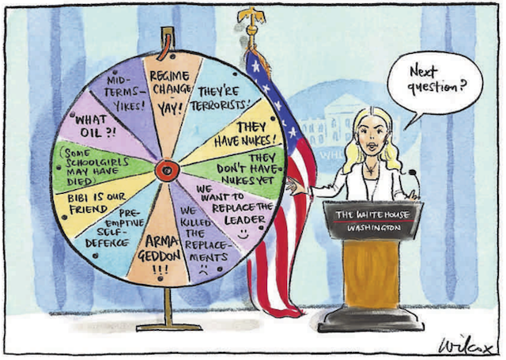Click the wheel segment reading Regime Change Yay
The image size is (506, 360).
(169, 97)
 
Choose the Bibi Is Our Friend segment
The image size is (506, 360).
(93, 203)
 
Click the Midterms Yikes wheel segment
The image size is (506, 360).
(126, 93)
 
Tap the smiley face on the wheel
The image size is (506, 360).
(243, 233)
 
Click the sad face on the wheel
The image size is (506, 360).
(203, 270)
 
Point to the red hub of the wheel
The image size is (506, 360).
(167, 170)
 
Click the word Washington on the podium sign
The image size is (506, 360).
(374, 228)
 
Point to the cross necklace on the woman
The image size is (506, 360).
(371, 169)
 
